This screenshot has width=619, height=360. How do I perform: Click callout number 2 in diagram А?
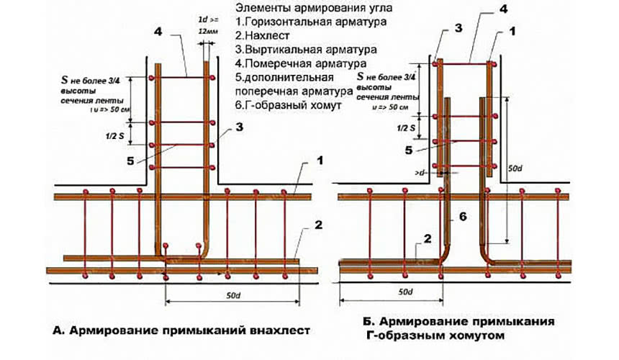pyautogui.click(x=318, y=225)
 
